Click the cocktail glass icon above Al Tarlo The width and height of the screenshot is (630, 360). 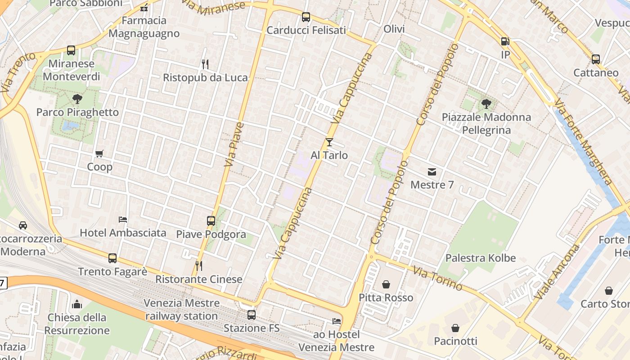[329, 142]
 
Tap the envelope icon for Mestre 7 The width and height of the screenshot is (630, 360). [432, 171]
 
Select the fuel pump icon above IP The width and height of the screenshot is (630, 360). [505, 41]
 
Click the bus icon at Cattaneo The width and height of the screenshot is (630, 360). [596, 59]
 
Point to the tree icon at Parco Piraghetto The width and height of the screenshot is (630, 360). [77, 99]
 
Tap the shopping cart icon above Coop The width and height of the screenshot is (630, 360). [99, 154]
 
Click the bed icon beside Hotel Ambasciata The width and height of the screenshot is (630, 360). [123, 220]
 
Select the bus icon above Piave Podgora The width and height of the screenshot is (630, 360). [211, 221]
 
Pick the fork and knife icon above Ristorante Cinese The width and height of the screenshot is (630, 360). [199, 266]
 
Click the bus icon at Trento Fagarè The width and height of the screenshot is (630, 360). [112, 258]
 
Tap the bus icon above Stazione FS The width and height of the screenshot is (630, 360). [252, 315]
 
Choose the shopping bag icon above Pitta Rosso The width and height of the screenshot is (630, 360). [386, 284]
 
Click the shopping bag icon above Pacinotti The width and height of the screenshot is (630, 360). [455, 328]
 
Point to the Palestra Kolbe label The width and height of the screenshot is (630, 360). [481, 258]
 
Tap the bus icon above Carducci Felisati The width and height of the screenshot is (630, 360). [306, 17]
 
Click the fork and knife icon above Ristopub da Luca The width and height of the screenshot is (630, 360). [205, 64]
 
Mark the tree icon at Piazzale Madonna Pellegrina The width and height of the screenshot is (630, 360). [486, 104]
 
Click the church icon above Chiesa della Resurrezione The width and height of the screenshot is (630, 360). [77, 304]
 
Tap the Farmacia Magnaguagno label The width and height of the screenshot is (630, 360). [144, 27]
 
